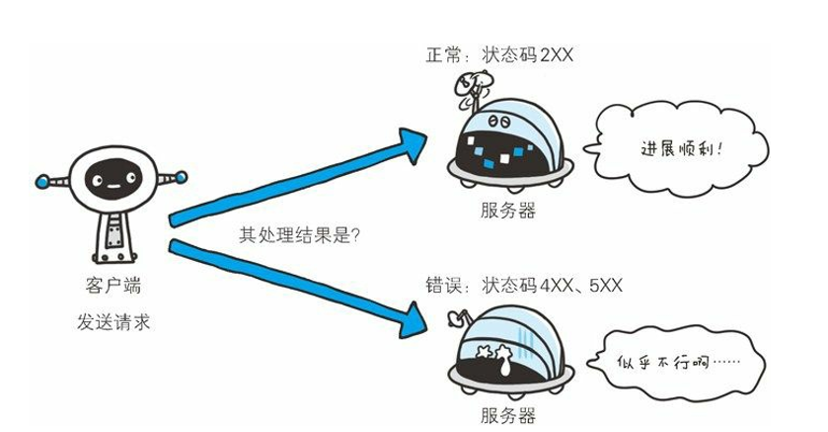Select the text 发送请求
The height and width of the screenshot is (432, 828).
point(113,322)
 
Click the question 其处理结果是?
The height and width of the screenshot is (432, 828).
point(299,235)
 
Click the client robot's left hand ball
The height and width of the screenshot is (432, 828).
point(41,181)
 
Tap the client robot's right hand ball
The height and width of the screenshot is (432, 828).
point(181,177)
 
